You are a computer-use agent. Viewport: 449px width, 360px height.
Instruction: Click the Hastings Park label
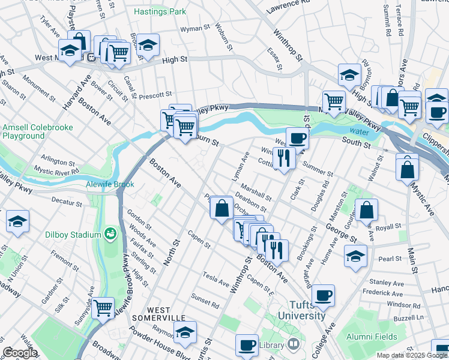(x=160, y=11)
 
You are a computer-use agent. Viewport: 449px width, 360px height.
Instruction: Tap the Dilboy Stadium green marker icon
(x=110, y=232)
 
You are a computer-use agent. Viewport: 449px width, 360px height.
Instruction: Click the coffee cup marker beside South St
(x=297, y=138)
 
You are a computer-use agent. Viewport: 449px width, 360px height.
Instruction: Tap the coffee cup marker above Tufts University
(x=323, y=295)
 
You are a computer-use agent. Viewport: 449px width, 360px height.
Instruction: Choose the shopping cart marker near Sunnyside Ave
(x=103, y=308)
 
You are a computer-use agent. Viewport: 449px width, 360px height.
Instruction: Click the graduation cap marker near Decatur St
(x=17, y=221)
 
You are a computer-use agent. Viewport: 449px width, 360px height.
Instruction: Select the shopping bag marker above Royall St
(x=366, y=209)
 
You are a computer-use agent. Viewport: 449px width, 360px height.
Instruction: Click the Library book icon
(x=293, y=344)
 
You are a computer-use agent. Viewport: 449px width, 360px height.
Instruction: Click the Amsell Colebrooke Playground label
(x=24, y=131)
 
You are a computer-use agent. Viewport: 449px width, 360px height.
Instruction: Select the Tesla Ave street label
(x=215, y=281)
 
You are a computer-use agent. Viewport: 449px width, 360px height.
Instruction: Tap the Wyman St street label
(x=195, y=28)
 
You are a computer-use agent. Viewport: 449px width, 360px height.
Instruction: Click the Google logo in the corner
(x=20, y=352)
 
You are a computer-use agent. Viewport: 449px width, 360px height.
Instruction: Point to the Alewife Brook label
(x=110, y=184)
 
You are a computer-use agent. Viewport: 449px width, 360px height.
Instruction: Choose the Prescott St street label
(x=157, y=94)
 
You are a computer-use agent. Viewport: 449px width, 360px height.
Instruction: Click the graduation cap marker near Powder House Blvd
(x=185, y=331)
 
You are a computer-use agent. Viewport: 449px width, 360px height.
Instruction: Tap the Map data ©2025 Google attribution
(x=412, y=355)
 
